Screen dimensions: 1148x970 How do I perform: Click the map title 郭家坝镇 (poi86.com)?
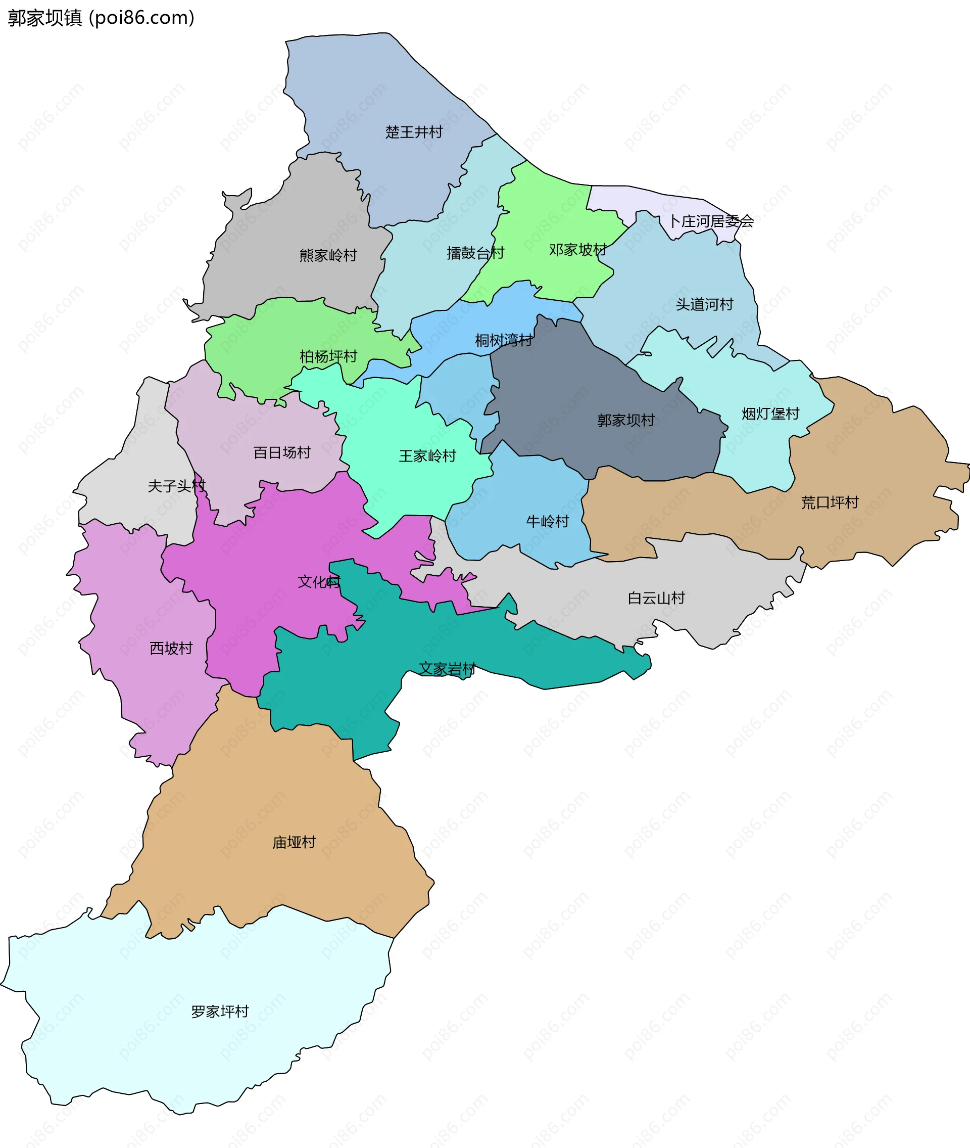[x=101, y=18]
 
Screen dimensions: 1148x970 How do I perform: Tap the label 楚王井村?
[x=414, y=132]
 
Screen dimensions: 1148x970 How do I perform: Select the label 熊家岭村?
[x=328, y=255]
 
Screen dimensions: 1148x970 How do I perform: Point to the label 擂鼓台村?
[x=475, y=253]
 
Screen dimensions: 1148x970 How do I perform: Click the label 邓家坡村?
[x=577, y=250]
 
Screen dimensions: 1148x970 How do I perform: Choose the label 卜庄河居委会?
[x=711, y=221]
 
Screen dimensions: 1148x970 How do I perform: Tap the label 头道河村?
[x=704, y=304]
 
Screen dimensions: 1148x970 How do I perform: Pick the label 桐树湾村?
[x=503, y=341]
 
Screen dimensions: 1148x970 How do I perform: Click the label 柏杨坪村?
[x=328, y=356]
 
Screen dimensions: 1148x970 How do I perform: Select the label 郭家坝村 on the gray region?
[x=626, y=420]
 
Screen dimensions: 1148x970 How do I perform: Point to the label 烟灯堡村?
[x=770, y=414]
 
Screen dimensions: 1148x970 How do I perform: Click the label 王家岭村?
[x=427, y=456]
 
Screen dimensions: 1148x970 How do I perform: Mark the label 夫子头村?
[x=176, y=486]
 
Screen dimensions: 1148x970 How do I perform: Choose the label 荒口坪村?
[x=829, y=502]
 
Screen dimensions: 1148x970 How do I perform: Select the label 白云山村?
[x=656, y=598]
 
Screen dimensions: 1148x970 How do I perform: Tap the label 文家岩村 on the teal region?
[x=447, y=669]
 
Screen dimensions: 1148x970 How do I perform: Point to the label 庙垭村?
[x=294, y=842]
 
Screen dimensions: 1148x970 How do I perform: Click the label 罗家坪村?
[x=219, y=1012]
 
